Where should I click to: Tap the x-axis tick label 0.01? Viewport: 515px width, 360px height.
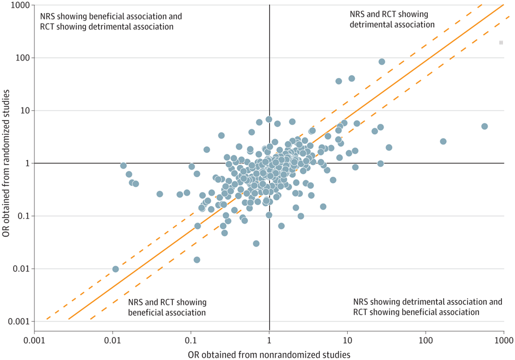pos(112,339)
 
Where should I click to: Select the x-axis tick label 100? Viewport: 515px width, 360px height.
pos(425,339)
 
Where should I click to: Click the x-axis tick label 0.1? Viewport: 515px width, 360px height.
pos(191,339)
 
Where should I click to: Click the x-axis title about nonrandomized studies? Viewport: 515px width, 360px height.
pos(269,354)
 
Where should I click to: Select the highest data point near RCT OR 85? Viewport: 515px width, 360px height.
pos(381,62)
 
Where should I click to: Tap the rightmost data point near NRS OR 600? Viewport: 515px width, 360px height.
pos(484,127)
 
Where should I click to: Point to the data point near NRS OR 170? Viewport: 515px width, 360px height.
pos(443,141)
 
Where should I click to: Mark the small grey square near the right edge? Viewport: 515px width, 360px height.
pos(501,43)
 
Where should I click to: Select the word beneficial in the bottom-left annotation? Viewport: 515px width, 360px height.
pos(148,313)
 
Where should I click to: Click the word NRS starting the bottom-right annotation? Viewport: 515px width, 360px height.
pos(361,302)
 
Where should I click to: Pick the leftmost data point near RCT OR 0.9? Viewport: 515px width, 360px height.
pos(123,165)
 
